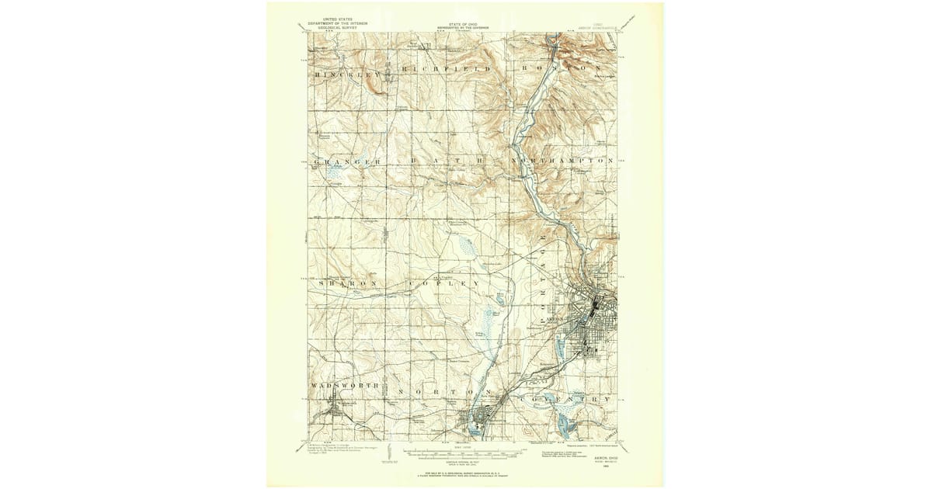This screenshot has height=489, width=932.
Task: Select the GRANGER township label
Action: [x=347, y=161]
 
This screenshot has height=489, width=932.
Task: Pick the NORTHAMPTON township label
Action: [x=563, y=161]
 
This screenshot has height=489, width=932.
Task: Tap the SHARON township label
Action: [x=347, y=284]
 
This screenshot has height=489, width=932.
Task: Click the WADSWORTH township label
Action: [x=345, y=386]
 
